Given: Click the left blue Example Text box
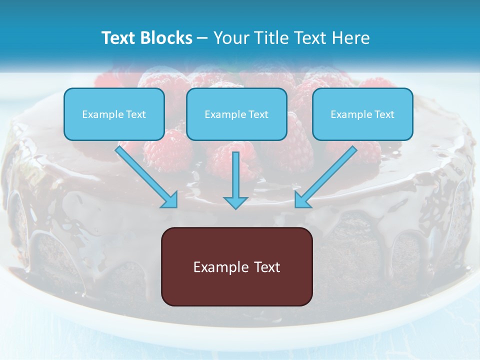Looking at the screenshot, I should point(114,114).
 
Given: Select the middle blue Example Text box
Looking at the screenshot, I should point(236,114).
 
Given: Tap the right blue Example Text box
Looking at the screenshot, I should point(362,114).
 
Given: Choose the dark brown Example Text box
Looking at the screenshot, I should point(236,266).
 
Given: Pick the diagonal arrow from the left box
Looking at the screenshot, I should point(145,175).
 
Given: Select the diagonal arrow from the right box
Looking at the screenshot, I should point(327,175).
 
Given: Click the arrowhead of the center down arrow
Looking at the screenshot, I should point(235,202).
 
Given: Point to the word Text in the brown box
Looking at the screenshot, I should point(267,267).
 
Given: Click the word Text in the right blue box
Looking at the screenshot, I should point(384,114).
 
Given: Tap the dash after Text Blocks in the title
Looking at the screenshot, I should point(202,38).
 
